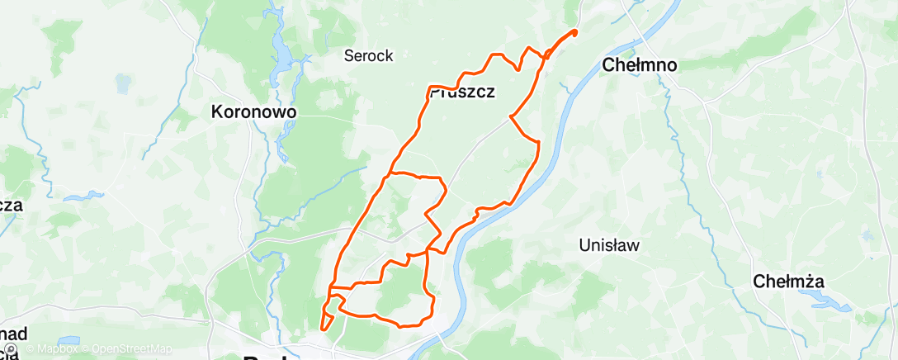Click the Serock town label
pyautogui.click(x=368, y=56)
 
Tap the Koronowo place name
pyautogui.click(x=253, y=111)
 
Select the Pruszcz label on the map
pyautogui.click(x=463, y=92)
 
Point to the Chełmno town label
pyautogui.click(x=640, y=64)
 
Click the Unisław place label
pyautogui.click(x=610, y=245)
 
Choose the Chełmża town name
pyautogui.click(x=789, y=282)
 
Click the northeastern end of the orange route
pyautogui.click(x=574, y=32)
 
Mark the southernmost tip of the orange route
pyautogui.click(x=322, y=329)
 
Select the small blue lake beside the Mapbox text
pyautogui.click(x=69, y=339)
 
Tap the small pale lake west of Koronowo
pyautogui.click(x=124, y=83)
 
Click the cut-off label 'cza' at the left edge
pyautogui.click(x=10, y=206)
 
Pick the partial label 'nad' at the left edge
pyautogui.click(x=13, y=334)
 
